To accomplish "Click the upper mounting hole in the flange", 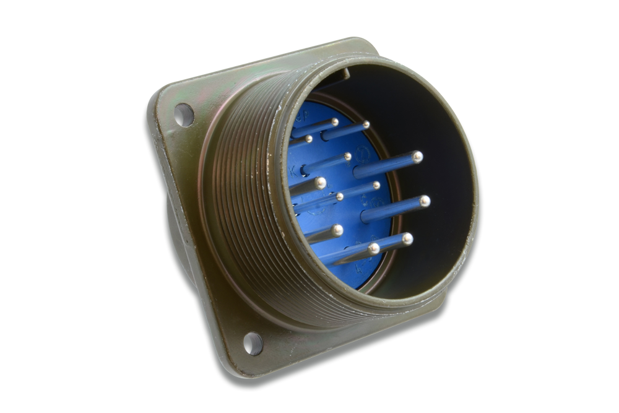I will click(184, 115).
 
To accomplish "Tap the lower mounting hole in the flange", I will click(253, 343).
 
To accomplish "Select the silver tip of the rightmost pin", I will click(425, 201).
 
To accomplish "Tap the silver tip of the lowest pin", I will click(374, 248).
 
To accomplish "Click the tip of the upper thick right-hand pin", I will click(418, 157).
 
